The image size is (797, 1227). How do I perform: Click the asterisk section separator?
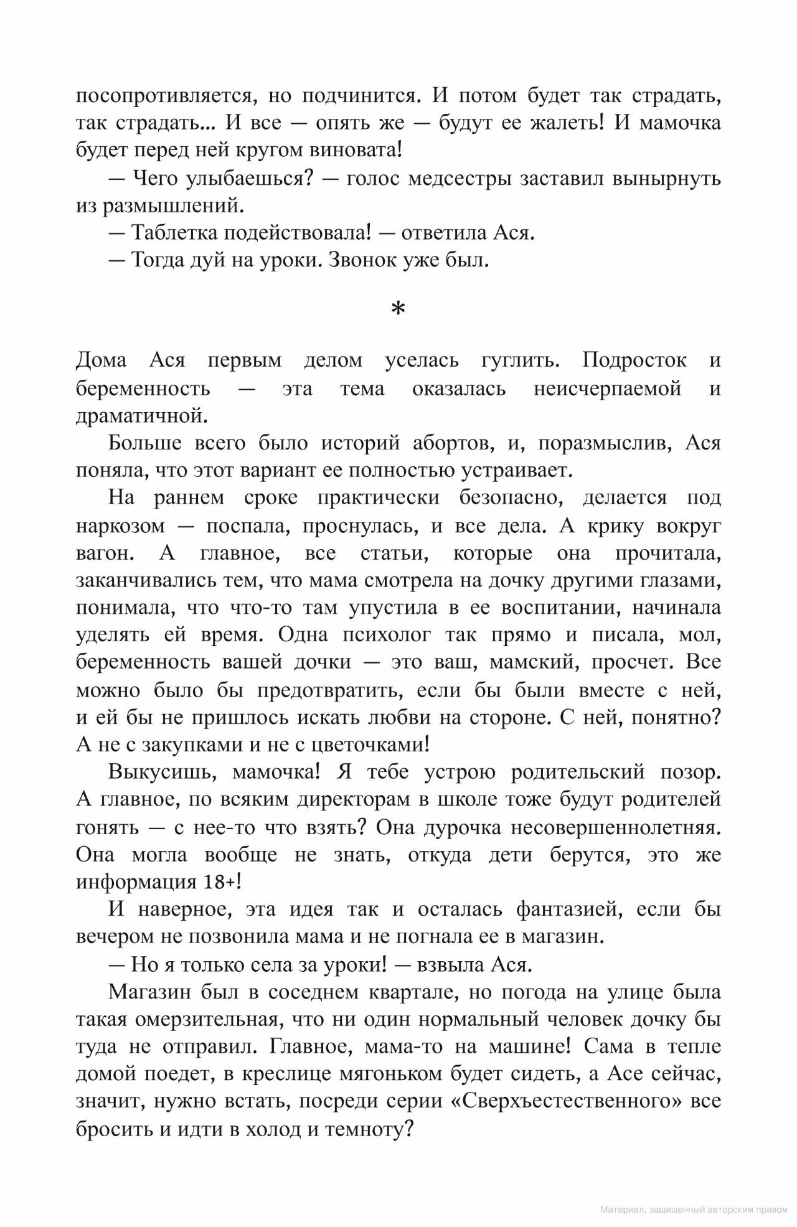(398, 309)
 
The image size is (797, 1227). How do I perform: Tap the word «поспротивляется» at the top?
(164, 96)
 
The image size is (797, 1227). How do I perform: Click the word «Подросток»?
(634, 360)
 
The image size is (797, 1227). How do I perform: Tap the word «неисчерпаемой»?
(608, 389)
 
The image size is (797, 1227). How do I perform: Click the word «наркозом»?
(121, 526)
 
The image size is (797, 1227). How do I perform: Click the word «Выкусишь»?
(163, 772)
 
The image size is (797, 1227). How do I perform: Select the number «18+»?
(220, 882)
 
